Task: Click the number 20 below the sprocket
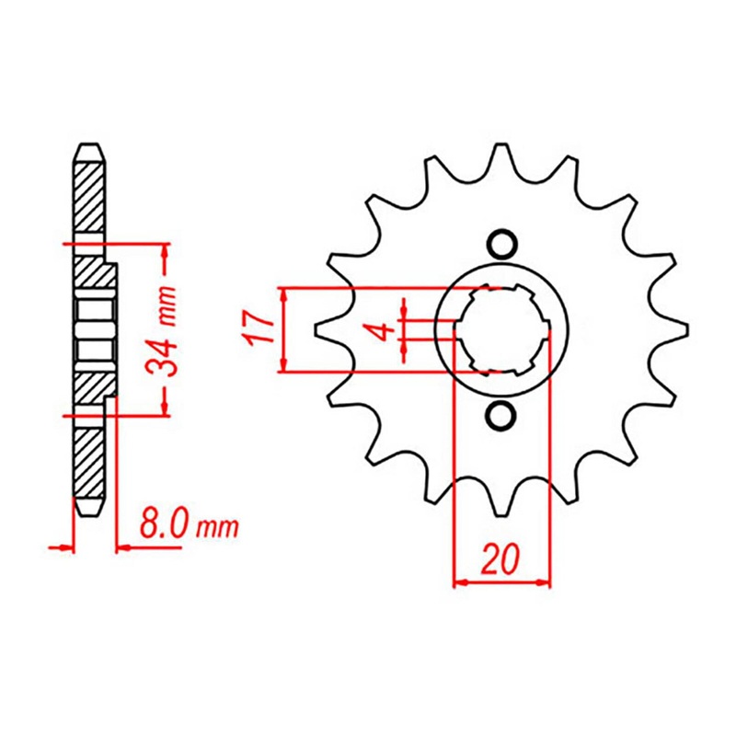501,559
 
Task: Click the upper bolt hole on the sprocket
501,244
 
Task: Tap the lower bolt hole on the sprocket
501,416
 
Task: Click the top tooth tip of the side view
89,150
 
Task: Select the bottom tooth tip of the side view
89,509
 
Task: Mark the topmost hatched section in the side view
88,198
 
